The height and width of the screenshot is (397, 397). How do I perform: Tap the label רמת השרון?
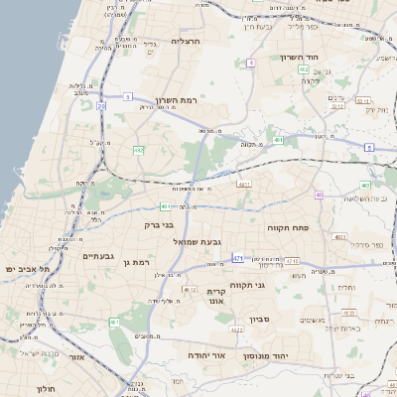click(x=179, y=101)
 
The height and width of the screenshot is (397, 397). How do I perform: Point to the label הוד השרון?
click(x=298, y=58)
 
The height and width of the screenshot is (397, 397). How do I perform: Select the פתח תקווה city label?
click(x=289, y=227)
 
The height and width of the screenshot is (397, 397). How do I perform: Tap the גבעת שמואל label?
click(x=203, y=241)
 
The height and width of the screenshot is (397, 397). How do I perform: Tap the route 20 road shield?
click(x=101, y=105)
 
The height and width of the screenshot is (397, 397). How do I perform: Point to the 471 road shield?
click(x=238, y=258)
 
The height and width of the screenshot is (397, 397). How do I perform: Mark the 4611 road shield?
click(x=243, y=185)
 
